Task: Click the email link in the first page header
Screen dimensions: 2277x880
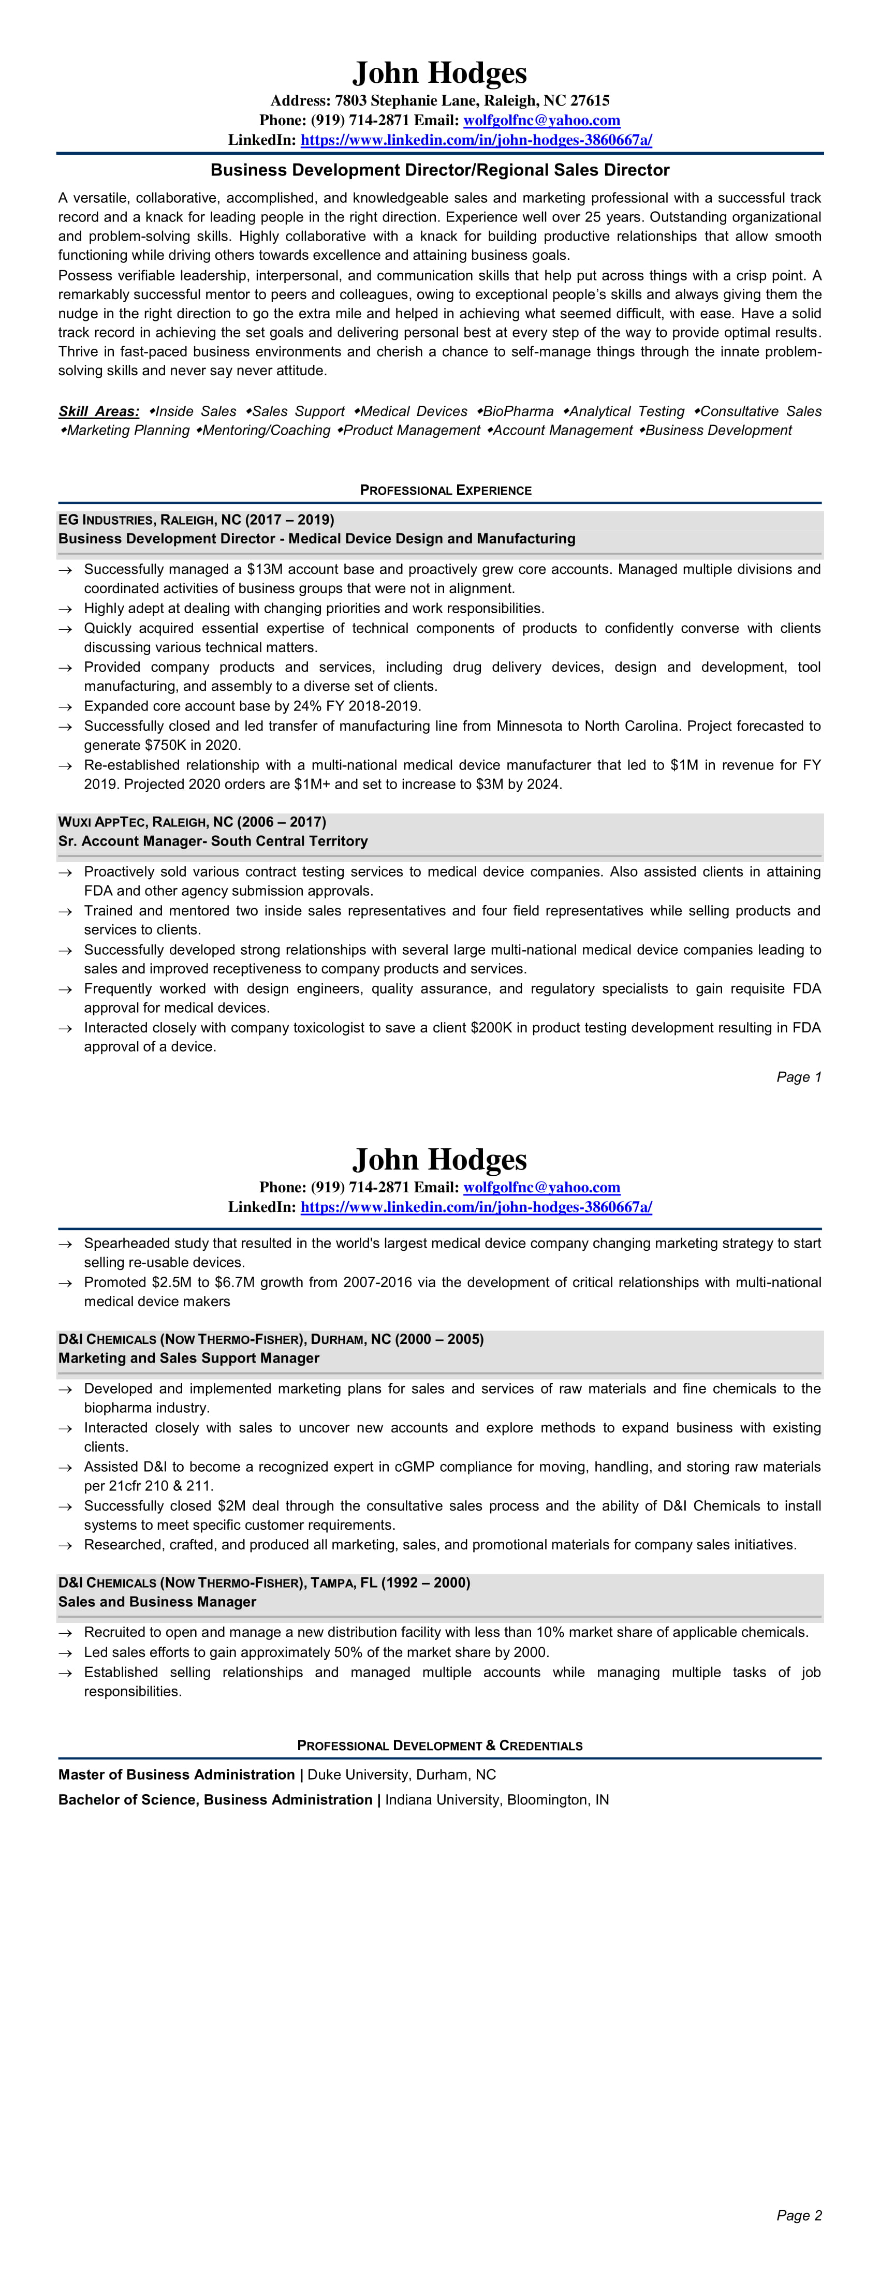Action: pos(541,120)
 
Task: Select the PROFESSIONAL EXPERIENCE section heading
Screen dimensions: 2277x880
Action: pos(446,490)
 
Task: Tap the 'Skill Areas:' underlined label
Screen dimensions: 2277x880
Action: pos(99,411)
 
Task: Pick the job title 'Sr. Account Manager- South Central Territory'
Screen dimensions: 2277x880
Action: pos(213,840)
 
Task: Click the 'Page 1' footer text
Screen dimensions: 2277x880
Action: pos(799,1076)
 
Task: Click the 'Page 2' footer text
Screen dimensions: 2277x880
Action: pos(799,2214)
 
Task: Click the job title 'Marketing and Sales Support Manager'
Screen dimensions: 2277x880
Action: pos(188,1358)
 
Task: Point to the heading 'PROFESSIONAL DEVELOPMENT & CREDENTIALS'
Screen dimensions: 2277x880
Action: pos(439,1745)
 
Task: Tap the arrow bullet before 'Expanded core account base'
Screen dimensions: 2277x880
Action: pos(65,706)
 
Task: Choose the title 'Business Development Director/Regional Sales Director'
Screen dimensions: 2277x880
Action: pos(439,170)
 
